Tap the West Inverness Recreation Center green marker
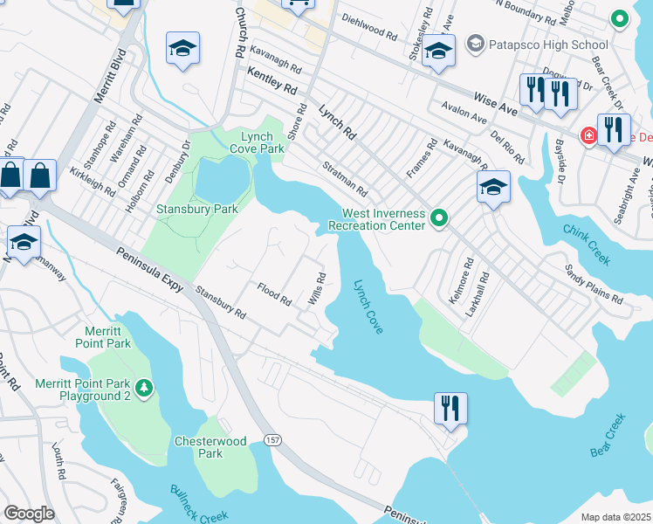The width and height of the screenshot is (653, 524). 440,217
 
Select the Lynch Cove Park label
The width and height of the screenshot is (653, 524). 258,141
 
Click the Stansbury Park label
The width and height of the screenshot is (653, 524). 185,210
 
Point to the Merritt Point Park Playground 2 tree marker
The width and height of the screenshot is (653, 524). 145,389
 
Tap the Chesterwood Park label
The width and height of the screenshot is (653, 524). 210,447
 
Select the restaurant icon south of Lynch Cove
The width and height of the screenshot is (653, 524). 450,407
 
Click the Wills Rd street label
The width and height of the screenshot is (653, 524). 317,289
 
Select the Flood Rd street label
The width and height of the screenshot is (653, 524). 274,293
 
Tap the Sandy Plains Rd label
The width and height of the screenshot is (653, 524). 594,285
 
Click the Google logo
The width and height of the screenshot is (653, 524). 29,514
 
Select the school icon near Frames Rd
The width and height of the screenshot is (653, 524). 493,187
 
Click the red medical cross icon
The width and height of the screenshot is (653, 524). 589,136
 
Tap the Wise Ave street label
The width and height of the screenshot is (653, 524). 497,101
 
